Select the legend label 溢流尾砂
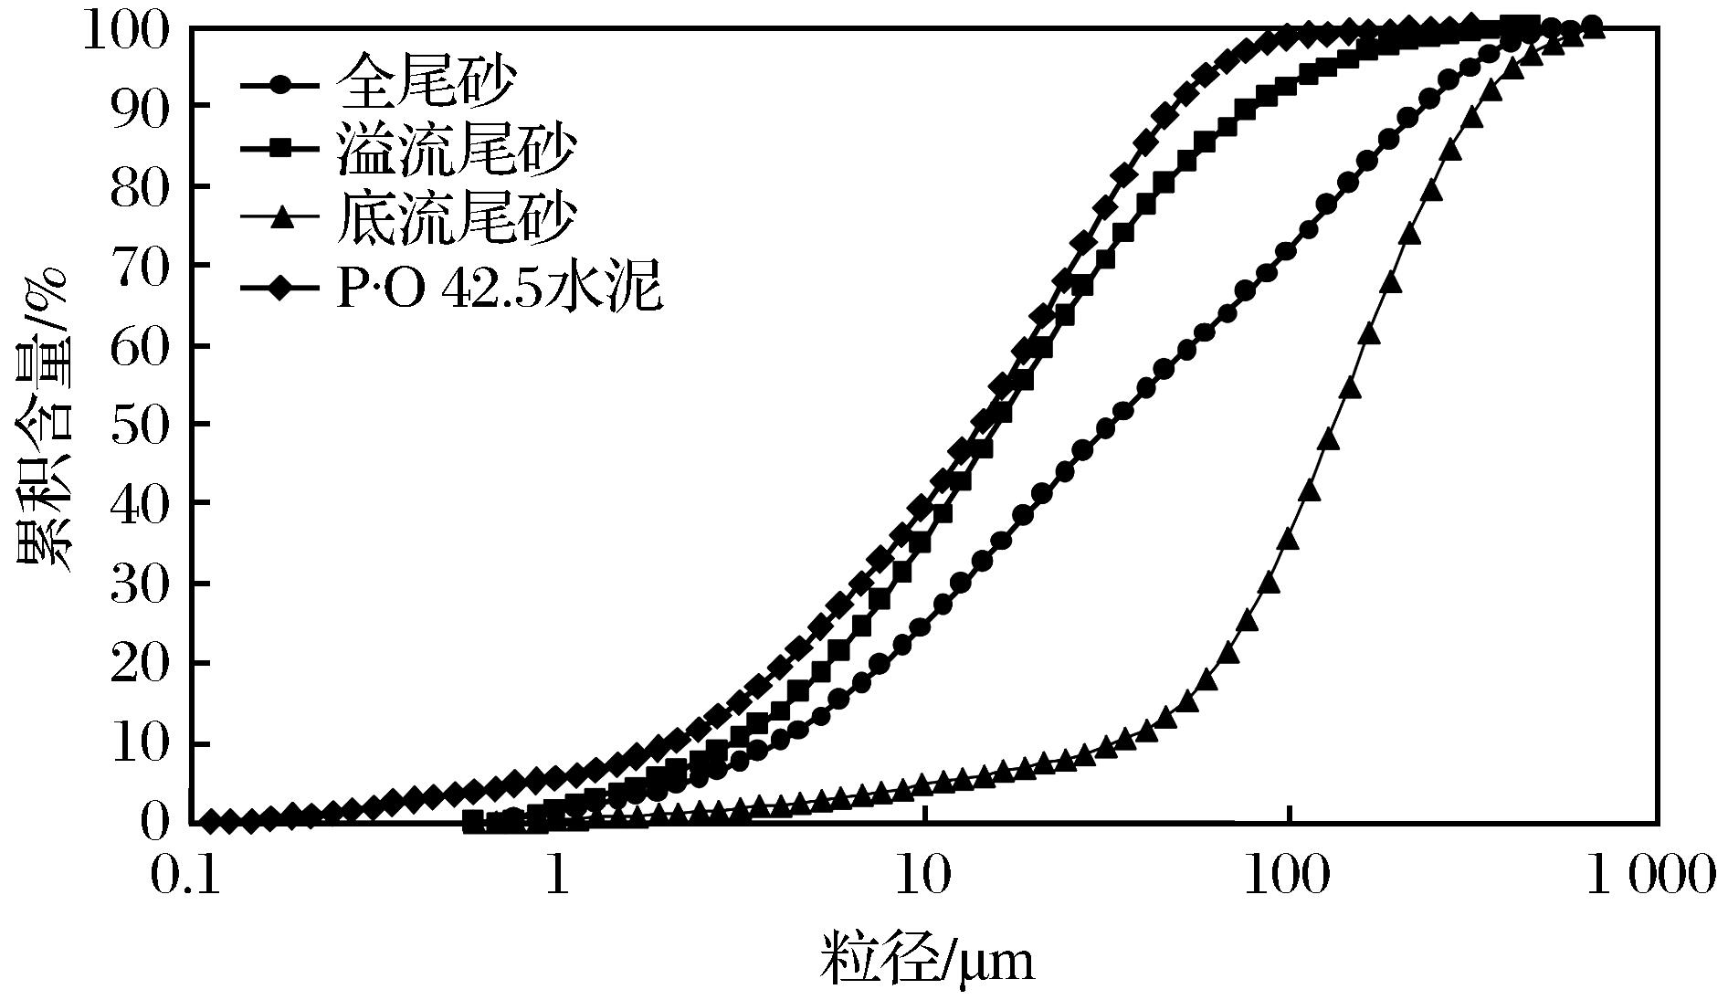tap(456, 152)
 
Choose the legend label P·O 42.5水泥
tap(499, 288)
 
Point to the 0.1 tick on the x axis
tap(190, 875)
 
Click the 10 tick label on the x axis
tap(925, 875)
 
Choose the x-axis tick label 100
tap(1289, 875)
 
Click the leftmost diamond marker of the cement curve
tap(210, 822)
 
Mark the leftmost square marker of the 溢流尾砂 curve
tap(473, 822)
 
